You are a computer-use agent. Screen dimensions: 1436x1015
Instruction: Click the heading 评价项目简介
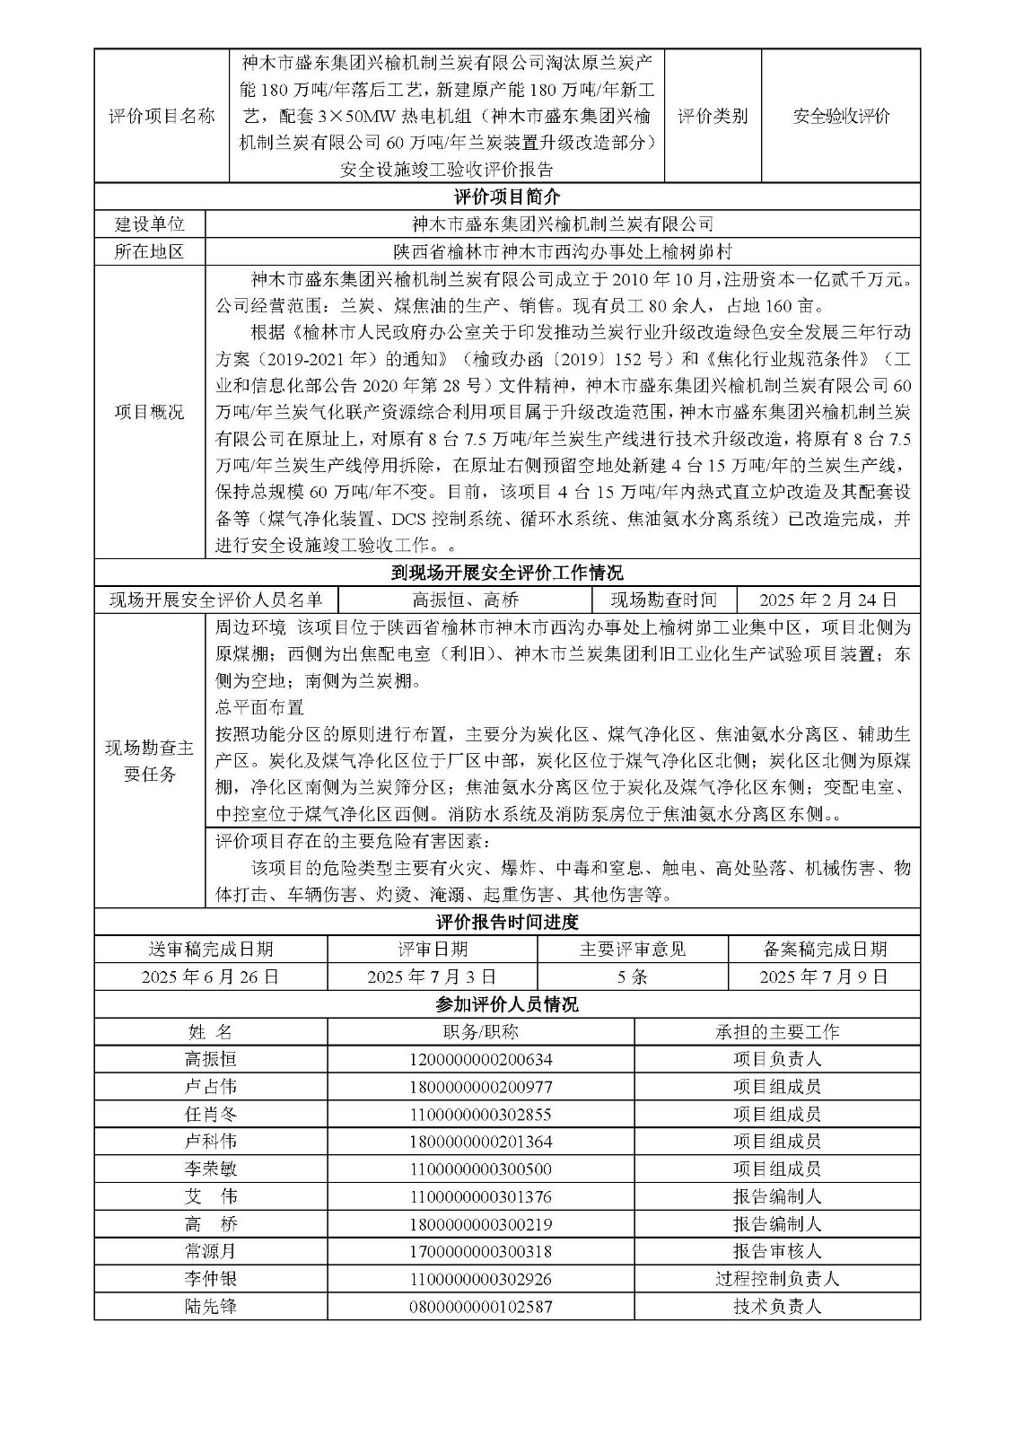click(x=507, y=197)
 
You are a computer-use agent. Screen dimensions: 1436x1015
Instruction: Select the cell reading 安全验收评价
click(x=841, y=116)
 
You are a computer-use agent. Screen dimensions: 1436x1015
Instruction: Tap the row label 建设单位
click(x=149, y=224)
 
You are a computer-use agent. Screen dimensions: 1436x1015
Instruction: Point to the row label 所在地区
click(x=149, y=252)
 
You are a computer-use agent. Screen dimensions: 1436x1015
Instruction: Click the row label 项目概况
click(x=149, y=412)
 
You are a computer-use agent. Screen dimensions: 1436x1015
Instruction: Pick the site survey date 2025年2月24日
click(x=827, y=600)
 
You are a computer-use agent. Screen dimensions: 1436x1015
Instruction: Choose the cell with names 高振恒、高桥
click(x=465, y=600)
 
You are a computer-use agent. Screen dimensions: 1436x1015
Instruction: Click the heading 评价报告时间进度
click(x=507, y=922)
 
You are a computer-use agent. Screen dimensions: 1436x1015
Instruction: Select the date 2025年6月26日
click(x=210, y=976)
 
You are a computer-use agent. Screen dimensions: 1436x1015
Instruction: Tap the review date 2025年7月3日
click(x=432, y=976)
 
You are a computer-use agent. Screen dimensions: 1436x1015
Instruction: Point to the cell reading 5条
click(x=633, y=976)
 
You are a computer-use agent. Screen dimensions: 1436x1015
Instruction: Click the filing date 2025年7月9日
click(x=824, y=976)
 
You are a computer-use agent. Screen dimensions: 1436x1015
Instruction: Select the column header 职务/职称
click(x=480, y=1032)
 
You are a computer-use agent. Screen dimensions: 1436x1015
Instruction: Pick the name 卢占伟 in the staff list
click(x=210, y=1087)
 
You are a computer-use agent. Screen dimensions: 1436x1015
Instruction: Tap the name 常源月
click(x=210, y=1251)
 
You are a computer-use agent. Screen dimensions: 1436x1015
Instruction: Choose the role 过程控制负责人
click(x=776, y=1279)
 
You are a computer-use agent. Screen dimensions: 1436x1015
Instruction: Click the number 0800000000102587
click(x=480, y=1307)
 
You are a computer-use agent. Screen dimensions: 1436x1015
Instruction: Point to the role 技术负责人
click(x=776, y=1307)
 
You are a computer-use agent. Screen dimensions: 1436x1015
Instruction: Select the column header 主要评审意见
click(x=633, y=950)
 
